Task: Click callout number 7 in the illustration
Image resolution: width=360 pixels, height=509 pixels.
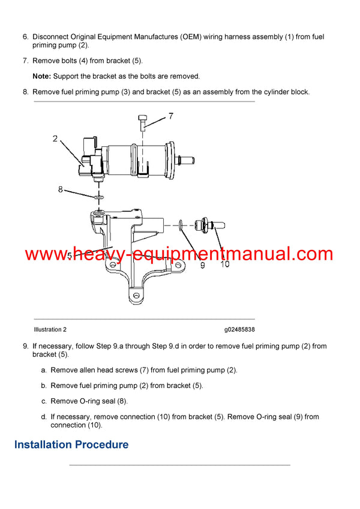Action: [x=170, y=116]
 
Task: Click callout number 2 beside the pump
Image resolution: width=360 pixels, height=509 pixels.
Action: [x=55, y=139]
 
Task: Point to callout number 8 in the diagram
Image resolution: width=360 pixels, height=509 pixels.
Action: [x=61, y=189]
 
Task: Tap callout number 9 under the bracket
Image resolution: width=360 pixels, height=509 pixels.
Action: [x=202, y=264]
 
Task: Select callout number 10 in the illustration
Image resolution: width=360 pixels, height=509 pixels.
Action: [x=224, y=264]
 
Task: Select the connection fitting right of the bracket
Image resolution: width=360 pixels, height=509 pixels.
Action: [x=211, y=225]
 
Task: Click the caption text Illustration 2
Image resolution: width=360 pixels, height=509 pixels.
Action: [x=50, y=330]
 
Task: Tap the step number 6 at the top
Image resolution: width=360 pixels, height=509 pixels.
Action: [x=25, y=37]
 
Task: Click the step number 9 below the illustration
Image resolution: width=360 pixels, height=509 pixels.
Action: [x=25, y=346]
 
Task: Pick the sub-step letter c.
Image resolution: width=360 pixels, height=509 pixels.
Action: [x=44, y=401]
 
